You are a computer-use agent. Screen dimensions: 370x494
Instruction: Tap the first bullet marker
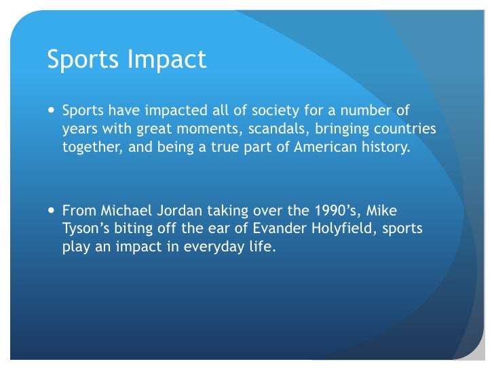[52, 110]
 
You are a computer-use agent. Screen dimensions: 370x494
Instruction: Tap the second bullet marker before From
[52, 211]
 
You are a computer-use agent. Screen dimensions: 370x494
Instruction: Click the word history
[386, 148]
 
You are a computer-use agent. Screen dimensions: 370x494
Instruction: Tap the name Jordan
[178, 210]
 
